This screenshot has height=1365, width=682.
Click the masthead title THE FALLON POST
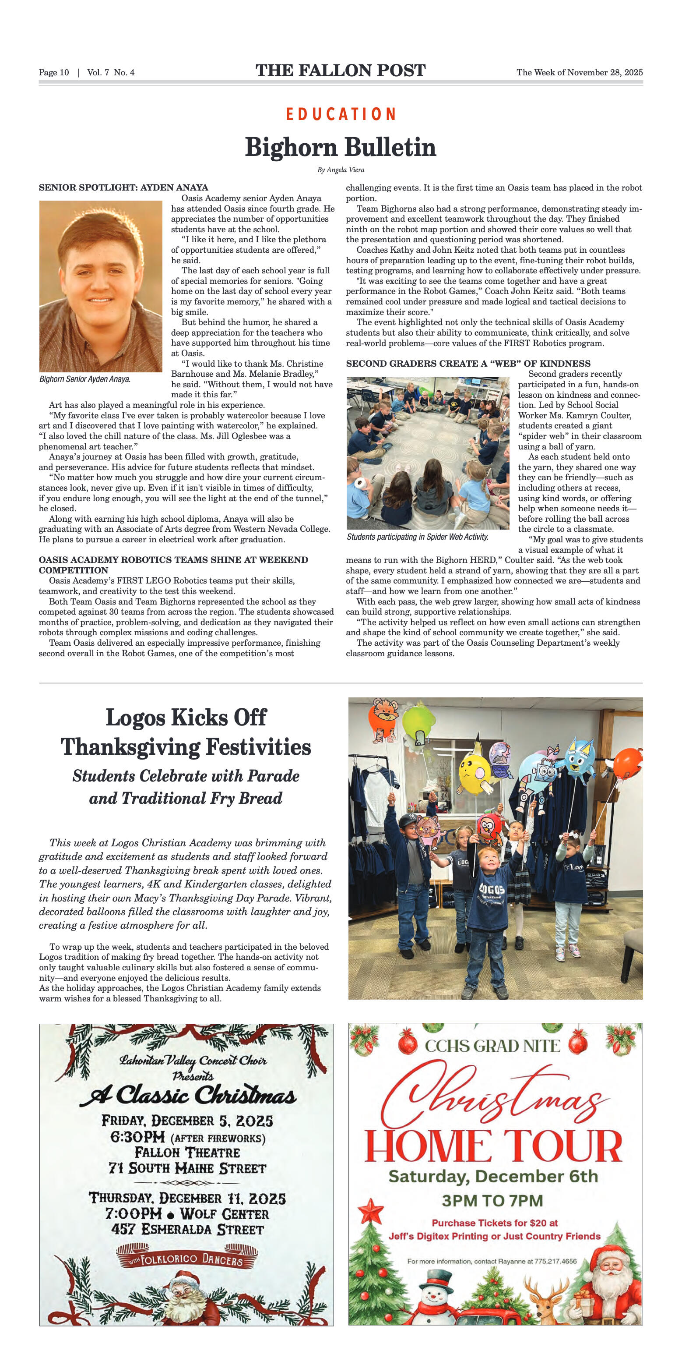point(341,71)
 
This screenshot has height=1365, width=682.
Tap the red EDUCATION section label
point(341,114)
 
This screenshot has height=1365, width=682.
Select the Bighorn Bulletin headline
point(341,147)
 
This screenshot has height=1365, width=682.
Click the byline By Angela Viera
point(341,170)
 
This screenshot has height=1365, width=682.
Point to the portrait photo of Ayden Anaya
point(101,286)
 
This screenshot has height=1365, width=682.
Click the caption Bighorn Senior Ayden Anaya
point(85,379)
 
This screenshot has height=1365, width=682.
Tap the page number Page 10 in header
point(53,73)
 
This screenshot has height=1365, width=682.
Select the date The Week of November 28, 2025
point(579,73)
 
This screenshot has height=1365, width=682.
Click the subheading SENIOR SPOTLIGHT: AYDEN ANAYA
point(123,187)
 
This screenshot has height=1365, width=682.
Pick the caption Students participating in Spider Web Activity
point(417,537)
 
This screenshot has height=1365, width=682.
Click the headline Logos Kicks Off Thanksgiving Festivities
point(186,732)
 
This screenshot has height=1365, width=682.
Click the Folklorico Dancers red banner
point(186,1259)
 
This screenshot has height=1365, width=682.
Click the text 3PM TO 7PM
point(492,1200)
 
